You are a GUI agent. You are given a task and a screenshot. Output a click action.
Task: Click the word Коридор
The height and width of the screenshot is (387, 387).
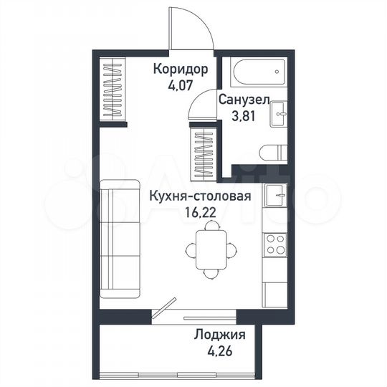181,70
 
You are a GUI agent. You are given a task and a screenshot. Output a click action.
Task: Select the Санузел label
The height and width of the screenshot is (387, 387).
244,102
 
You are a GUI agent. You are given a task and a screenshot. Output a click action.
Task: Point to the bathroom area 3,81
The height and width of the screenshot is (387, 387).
244,118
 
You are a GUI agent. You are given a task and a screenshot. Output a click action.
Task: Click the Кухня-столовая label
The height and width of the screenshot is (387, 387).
200,196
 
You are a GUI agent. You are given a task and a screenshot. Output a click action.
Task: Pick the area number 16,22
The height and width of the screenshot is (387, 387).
201,211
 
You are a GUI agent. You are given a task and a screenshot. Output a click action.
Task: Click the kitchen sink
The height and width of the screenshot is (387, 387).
276,196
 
